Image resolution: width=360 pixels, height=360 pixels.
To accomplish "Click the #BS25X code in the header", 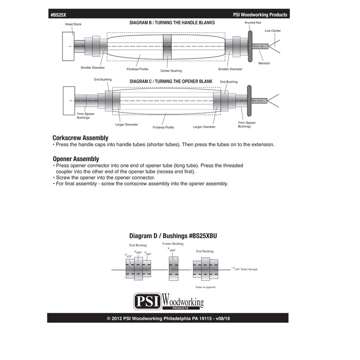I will point(59,14).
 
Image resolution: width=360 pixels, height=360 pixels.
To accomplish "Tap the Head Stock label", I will point(73,24).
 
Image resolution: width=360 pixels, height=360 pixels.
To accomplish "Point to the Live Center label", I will point(273,31).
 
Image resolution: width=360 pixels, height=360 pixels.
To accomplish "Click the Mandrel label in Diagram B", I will point(264,63).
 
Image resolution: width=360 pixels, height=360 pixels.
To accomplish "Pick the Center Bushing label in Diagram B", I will point(171,71).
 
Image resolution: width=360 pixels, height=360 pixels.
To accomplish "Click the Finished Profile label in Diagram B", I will point(138,69).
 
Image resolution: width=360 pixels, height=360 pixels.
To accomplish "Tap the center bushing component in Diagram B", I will point(167,46).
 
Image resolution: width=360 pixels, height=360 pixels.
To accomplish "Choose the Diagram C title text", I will point(171,81).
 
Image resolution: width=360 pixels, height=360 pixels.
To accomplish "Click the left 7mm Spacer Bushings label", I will point(86,116).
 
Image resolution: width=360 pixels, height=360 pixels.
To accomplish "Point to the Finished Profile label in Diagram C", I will point(163,127).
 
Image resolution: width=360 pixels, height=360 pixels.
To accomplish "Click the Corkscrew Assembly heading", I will point(81,138).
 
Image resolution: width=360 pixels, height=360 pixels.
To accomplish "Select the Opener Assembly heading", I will point(76,159).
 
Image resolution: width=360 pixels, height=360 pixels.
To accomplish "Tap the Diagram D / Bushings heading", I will point(173,235).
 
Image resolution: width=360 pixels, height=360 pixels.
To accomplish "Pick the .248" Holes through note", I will point(246,269).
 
